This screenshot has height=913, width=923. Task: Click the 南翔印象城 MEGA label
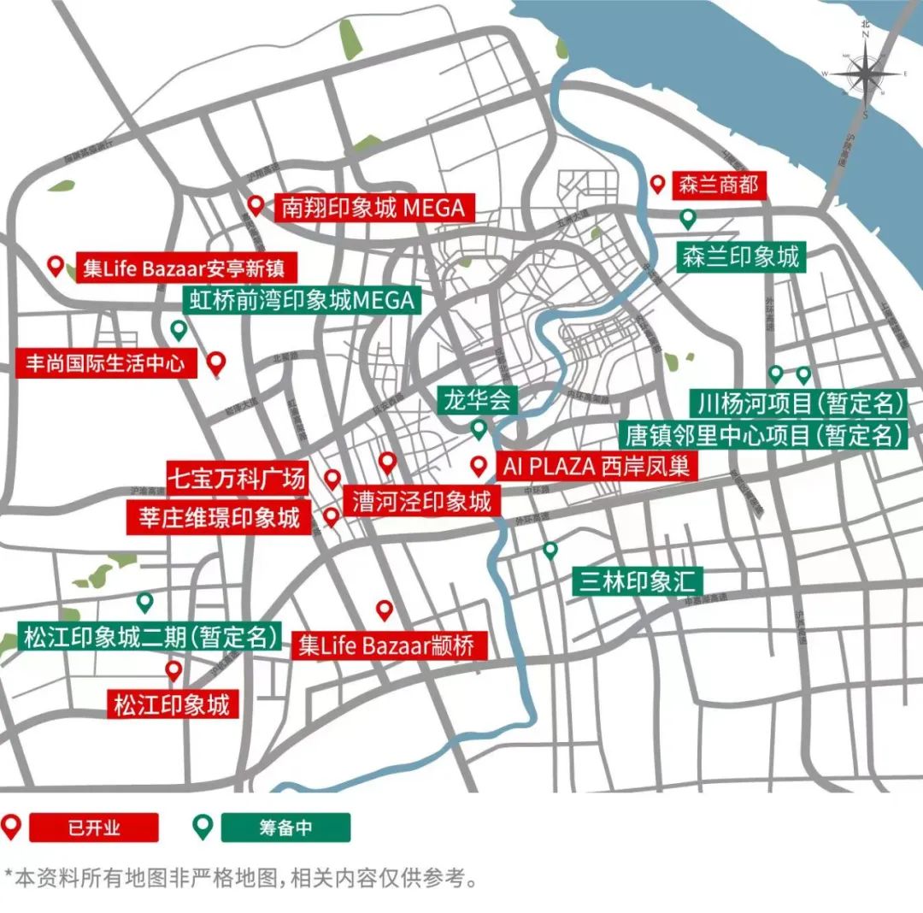point(373,208)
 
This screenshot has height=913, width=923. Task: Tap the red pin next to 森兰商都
point(658,184)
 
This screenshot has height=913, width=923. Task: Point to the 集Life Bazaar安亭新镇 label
point(179,268)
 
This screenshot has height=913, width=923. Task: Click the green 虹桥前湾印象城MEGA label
point(300,300)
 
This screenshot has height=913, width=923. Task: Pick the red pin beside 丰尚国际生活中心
point(217,363)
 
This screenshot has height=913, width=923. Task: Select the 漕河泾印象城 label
point(420,501)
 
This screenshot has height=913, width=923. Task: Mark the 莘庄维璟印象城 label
point(218,517)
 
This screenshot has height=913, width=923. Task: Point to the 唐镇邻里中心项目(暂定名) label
point(763,435)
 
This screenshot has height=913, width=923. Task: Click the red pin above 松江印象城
point(173,670)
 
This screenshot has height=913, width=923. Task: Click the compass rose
point(867,74)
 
